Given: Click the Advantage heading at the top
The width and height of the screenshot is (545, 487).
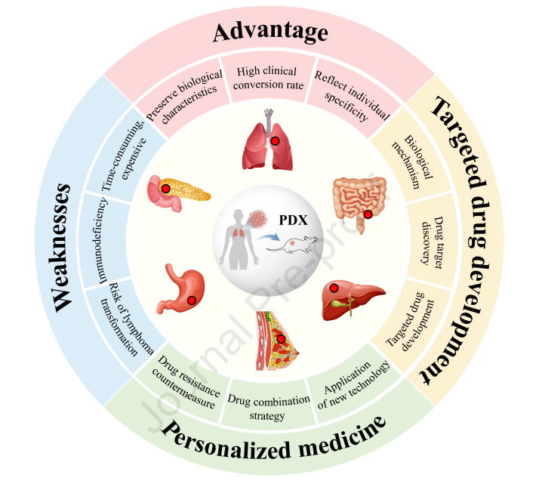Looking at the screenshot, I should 270,32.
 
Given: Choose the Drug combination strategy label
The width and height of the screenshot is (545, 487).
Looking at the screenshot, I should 266,409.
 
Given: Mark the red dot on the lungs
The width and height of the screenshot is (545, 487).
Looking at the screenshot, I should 276,141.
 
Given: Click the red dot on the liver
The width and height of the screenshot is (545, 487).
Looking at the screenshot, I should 334,288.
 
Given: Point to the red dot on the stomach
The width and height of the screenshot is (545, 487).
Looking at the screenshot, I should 192,300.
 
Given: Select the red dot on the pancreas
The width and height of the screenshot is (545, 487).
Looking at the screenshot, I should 165,188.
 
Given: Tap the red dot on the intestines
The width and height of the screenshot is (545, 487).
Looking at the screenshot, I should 368,214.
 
